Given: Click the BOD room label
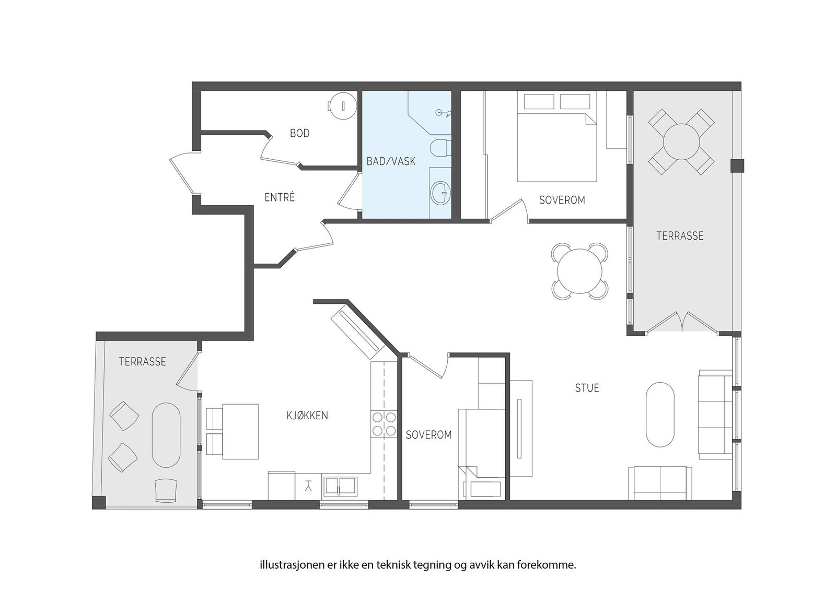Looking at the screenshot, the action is tap(300, 133).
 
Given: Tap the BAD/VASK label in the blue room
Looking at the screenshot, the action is tap(391, 161).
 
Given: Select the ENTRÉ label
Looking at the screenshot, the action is tap(280, 197).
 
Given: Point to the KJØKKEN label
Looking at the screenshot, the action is tap(307, 416).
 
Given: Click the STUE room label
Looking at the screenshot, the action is tap(587, 388).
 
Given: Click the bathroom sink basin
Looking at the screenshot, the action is tap(441, 193).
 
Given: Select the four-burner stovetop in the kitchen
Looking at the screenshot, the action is tap(384, 424).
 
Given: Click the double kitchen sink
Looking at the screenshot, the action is tap(340, 487).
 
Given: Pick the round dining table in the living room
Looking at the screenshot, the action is tap(579, 271).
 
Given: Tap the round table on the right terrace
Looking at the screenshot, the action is tap(681, 142).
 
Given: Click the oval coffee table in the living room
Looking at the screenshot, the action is tap(660, 415).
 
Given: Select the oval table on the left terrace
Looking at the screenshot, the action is tap(166, 435).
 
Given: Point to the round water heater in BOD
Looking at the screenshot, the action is tap(342, 106).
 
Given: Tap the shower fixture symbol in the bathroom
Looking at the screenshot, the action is tap(444, 112).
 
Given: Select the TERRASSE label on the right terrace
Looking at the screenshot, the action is tap(680, 235).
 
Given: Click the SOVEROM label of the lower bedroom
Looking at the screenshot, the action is tap(428, 435).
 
